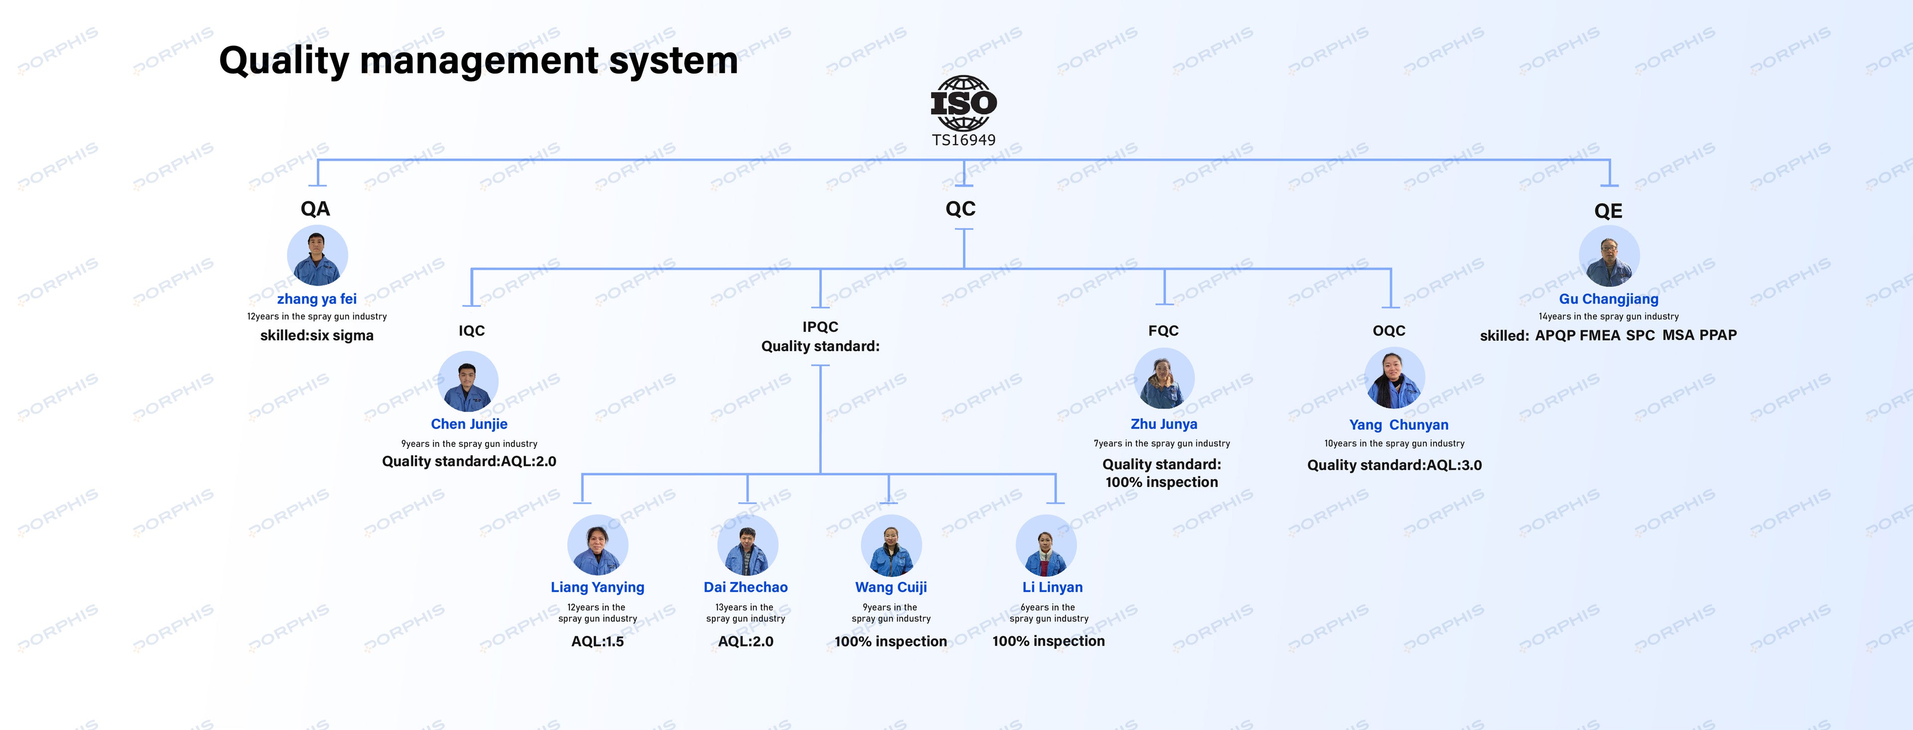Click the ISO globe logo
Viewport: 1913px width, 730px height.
964,103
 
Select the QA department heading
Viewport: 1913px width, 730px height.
316,209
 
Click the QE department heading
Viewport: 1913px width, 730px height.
1609,211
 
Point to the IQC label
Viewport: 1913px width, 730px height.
472,330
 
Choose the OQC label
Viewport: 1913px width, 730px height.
1389,330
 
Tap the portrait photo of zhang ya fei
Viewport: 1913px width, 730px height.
317,256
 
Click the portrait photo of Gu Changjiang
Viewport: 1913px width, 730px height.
1609,256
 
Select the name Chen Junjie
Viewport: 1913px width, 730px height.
469,424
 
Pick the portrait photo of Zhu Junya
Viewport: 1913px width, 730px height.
1164,379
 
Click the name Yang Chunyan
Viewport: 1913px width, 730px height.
1399,425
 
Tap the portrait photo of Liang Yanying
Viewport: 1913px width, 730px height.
598,545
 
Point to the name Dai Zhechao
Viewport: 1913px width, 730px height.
746,587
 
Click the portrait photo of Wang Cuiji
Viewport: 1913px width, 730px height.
891,545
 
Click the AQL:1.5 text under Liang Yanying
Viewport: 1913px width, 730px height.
597,642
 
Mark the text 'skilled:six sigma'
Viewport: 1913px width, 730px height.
317,336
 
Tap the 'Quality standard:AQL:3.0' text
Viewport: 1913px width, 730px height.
1395,465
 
